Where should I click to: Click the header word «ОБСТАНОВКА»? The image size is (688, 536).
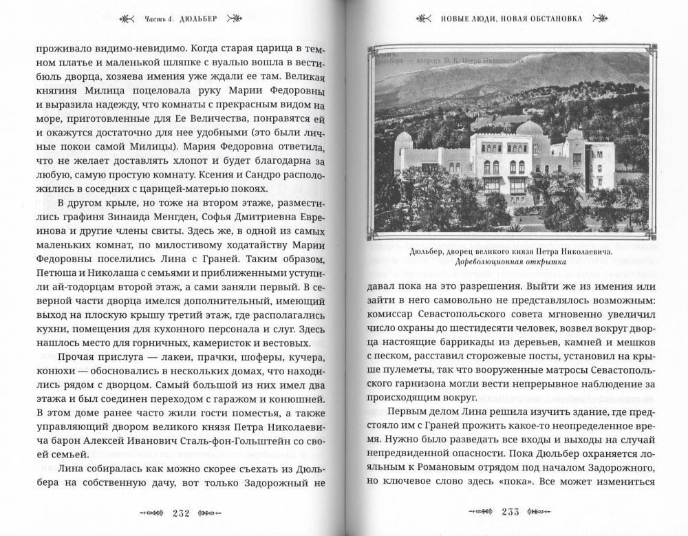555,19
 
